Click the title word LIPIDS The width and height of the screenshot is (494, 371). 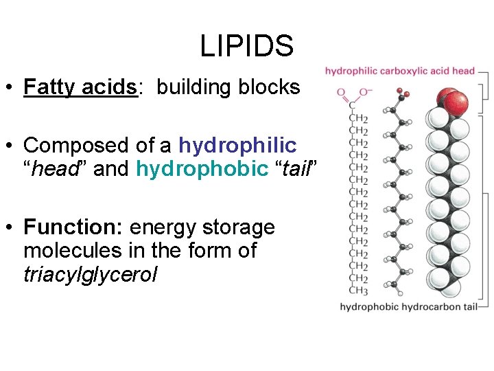246,47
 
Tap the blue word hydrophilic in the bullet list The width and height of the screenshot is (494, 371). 237,146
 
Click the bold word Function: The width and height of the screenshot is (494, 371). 73,227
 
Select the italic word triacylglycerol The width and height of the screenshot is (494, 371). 90,274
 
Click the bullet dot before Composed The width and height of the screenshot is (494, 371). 10,146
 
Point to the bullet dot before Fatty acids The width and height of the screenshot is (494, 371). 10,87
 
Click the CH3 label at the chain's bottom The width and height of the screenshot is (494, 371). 358,290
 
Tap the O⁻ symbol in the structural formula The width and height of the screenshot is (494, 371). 366,92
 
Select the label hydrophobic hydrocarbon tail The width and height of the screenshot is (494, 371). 408,306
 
